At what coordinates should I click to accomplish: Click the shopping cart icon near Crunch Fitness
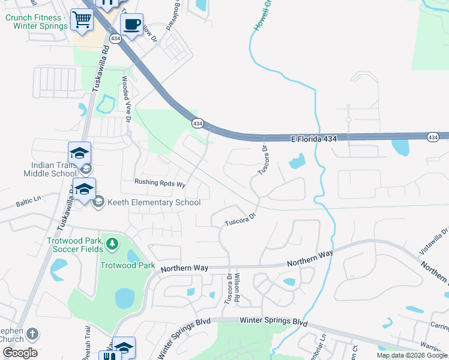82,20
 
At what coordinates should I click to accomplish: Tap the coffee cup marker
131,26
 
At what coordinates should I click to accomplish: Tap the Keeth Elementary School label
153,202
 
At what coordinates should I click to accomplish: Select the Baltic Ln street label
28,197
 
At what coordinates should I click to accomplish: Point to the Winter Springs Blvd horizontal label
273,321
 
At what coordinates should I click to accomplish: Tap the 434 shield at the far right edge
433,137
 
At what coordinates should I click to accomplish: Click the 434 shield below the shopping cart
115,38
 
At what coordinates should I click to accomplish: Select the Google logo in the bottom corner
20,353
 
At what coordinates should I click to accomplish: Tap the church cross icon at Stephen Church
33,334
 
